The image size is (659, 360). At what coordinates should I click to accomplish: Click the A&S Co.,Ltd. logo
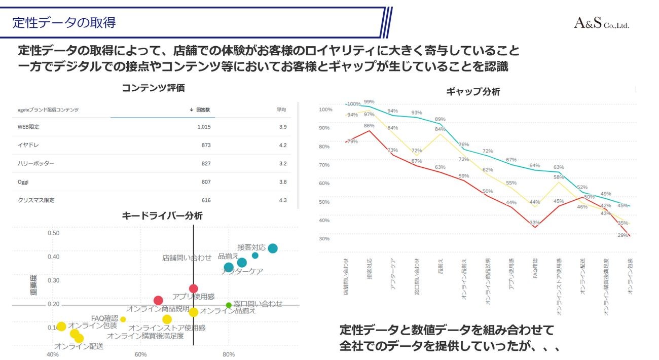[x=601, y=23]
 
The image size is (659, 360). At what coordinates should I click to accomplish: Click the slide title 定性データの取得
[x=64, y=23]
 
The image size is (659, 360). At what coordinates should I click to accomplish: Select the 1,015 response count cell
[x=204, y=127]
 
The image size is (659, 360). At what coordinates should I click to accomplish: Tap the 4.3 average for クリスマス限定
[x=283, y=200]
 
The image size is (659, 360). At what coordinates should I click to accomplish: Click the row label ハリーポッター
[x=35, y=163]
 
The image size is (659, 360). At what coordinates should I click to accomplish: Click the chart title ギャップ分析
[x=473, y=92]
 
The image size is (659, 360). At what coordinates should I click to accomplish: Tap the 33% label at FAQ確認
[x=534, y=222]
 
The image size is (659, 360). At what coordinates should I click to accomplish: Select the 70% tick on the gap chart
[x=324, y=165]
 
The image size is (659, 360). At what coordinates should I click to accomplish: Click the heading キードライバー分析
[x=162, y=215]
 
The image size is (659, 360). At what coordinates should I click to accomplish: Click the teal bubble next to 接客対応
[x=273, y=248]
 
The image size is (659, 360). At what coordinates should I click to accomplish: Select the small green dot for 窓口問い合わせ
[x=229, y=305]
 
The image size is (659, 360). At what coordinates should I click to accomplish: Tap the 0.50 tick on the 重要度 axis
[x=53, y=233]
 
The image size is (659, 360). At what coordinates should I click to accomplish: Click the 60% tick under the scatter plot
[x=140, y=354]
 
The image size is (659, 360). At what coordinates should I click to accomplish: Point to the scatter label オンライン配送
[x=79, y=346]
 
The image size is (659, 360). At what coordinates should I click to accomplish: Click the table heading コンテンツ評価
[x=153, y=88]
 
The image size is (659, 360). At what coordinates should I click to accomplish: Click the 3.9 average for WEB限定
[x=283, y=127]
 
